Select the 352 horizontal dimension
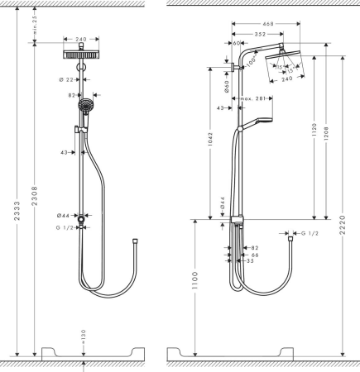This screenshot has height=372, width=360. point(259,35)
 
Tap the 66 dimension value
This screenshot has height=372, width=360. point(255,256)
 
